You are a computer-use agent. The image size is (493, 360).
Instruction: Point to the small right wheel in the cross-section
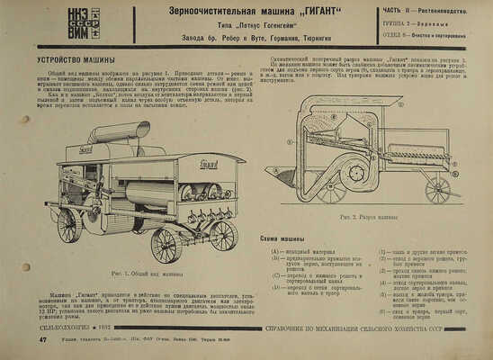pyautogui.click(x=437, y=190)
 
